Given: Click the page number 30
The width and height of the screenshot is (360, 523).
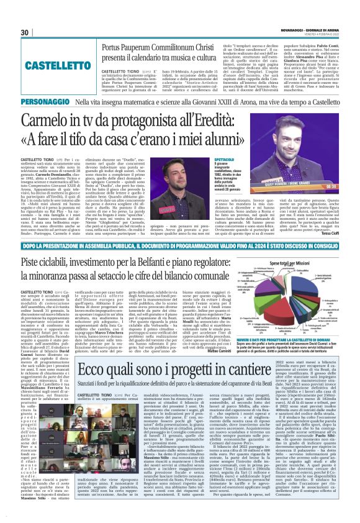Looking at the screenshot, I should [x=25, y=32].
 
